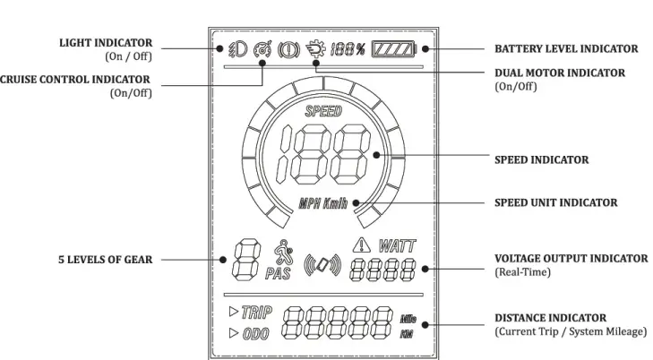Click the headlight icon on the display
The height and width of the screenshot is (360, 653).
coord(237,49)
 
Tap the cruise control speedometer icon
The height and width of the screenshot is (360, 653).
coord(262,49)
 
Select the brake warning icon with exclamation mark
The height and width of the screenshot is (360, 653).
coord(288,49)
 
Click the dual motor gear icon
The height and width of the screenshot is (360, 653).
coord(315,48)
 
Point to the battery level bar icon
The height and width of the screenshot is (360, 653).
coord(394,49)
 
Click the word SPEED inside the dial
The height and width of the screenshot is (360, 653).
coord(323,111)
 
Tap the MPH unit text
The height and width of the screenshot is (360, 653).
coord(310,203)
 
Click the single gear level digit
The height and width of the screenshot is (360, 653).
coord(246,260)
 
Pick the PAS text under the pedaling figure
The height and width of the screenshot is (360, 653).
coord(278,273)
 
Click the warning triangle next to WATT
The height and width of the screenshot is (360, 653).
coord(362,244)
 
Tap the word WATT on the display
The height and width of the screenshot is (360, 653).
coord(397,246)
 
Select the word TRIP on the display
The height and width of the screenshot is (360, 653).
coord(257,313)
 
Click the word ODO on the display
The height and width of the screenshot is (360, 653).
coord(255,334)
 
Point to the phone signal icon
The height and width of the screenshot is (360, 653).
coord(322,265)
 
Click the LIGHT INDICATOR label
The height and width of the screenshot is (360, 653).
coord(106,43)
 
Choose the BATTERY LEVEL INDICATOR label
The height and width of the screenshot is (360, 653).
coord(566,48)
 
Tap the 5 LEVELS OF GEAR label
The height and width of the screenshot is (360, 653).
coord(106,260)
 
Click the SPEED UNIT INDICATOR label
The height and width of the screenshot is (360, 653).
coord(556,202)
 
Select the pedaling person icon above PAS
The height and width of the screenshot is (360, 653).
coord(283,253)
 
